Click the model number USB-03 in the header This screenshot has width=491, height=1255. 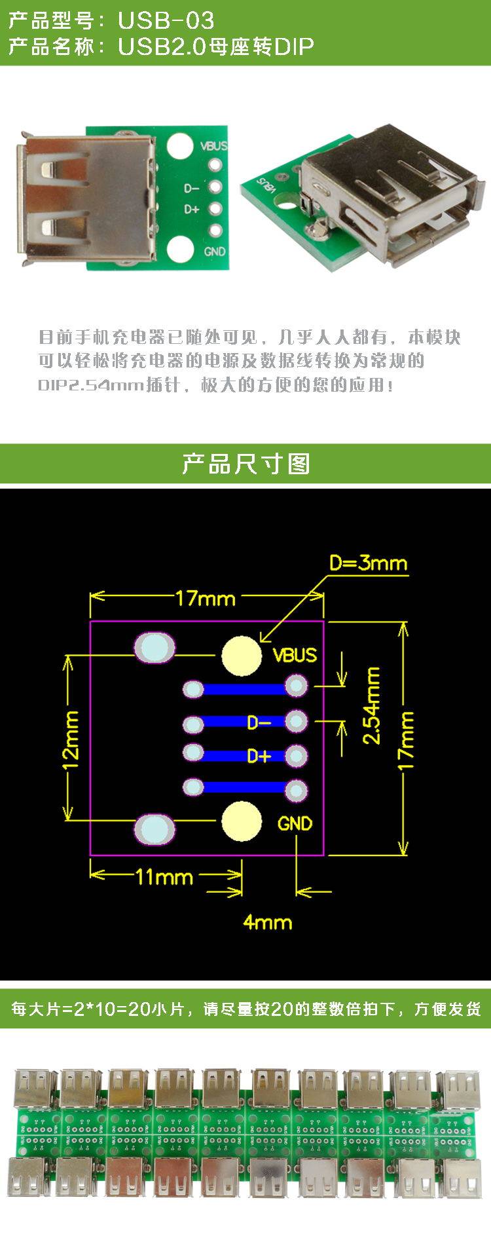[166, 21]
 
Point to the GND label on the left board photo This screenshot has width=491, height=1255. [215, 252]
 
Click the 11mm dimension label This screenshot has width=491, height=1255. [164, 876]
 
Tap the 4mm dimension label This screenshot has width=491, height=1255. [267, 922]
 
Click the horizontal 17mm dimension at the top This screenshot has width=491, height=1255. [205, 597]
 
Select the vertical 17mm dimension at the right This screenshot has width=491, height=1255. [406, 738]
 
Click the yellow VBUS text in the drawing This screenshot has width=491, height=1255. [294, 655]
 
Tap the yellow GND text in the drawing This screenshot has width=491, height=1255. [295, 823]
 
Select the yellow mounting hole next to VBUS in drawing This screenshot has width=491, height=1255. [242, 655]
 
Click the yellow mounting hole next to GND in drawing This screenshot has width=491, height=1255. [242, 821]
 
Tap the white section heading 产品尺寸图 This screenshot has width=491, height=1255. [245, 464]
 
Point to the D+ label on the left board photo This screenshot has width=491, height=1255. [191, 210]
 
